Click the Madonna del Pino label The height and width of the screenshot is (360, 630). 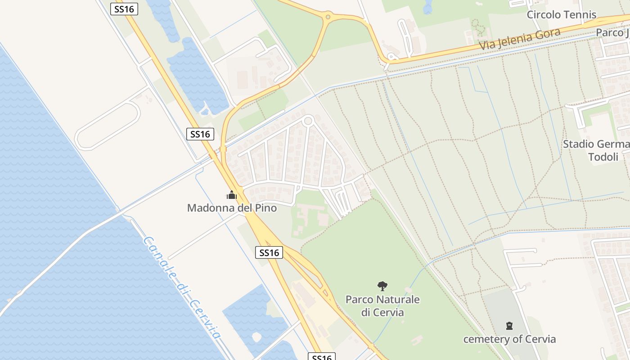point(232,208)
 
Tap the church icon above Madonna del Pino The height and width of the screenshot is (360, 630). point(232,195)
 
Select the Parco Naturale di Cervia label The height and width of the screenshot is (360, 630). point(382,306)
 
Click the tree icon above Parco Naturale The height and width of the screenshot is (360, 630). point(382,286)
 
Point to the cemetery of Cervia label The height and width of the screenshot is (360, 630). point(509,339)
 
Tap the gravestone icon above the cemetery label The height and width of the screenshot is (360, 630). point(509,325)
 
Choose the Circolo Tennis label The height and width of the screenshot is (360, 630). point(562,14)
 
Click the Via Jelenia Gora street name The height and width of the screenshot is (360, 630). point(520,39)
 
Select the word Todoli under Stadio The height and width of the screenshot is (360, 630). point(603,157)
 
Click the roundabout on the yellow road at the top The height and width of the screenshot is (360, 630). point(328,17)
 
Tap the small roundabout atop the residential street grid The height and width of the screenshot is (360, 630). point(308,121)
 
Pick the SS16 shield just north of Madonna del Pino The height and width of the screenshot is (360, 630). point(200,134)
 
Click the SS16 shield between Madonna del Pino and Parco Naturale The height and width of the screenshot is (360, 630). point(269,252)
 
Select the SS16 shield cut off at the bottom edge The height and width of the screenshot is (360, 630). point(322,357)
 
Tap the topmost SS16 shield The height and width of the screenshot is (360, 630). point(124,9)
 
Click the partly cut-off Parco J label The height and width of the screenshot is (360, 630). point(612,32)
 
